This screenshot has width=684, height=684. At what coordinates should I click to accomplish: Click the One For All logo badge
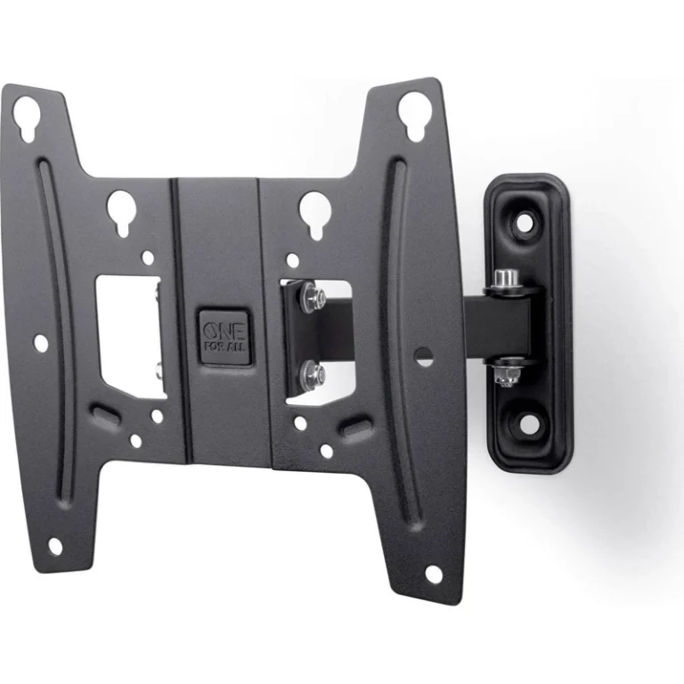pyautogui.click(x=224, y=338)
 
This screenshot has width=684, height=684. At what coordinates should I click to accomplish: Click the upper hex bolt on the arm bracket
pyautogui.click(x=313, y=297)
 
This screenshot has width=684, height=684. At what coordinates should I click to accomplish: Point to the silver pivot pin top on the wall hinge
pyautogui.click(x=505, y=278)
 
